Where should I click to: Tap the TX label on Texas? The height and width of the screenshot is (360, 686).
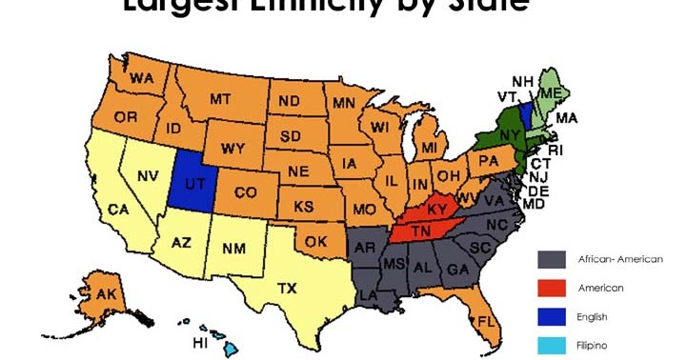pos(286,288)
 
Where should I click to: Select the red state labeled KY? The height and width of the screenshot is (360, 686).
pos(437,209)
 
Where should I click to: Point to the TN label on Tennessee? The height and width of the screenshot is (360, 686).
pos(420,230)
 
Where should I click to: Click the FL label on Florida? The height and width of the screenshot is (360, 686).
pos(486,320)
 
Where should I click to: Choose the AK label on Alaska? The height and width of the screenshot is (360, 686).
pos(105,295)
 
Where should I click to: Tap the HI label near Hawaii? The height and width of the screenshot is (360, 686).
pos(201,342)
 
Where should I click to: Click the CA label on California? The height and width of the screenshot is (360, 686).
pos(118,210)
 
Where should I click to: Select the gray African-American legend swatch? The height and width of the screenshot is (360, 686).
pos(554,259)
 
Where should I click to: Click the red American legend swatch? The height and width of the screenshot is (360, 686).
pos(554,288)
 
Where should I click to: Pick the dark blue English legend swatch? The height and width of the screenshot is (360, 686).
pos(554,316)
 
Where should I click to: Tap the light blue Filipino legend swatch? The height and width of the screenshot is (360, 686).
pos(554,345)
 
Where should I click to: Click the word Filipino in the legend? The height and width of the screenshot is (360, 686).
pos(592,345)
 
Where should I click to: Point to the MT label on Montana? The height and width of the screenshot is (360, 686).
pos(221,98)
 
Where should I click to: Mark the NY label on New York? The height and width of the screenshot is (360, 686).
pos(508,134)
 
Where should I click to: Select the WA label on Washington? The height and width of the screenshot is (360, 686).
pos(142,77)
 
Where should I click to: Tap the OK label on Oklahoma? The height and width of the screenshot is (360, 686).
pos(316,242)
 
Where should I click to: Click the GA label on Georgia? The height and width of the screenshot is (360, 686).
pos(457,269)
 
